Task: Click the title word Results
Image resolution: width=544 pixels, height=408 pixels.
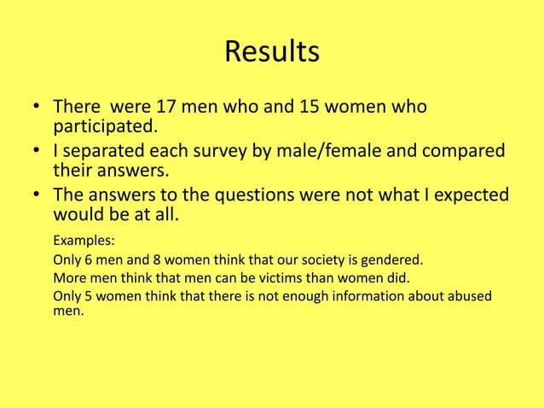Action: [272, 52]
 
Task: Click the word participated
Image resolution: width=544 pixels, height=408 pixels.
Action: [105, 129]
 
